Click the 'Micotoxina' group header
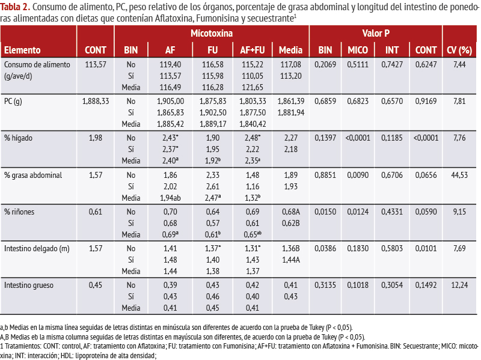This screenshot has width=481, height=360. click(212, 33)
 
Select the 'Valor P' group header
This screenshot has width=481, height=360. click(376, 33)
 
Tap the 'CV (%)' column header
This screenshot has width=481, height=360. click(459, 50)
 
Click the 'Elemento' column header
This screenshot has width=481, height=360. click(22, 50)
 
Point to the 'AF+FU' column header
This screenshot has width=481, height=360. click(253, 50)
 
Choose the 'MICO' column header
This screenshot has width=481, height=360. click(358, 50)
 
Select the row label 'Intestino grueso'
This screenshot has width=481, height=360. click(29, 285)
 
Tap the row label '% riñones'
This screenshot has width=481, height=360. click(19, 212)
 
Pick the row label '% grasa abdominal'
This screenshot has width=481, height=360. click(33, 175)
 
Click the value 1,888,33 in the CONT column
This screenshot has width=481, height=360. click(96, 101)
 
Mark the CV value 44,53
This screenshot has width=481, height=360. click(459, 175)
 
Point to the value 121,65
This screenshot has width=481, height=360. click(253, 87)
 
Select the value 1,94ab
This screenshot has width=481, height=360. click(170, 198)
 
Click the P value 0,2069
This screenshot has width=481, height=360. click(325, 65)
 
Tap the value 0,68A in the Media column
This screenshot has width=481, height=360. click(291, 212)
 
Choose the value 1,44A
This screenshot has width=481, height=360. click(291, 260)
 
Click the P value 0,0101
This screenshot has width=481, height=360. click(426, 248)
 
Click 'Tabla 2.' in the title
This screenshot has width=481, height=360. click(15, 7)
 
